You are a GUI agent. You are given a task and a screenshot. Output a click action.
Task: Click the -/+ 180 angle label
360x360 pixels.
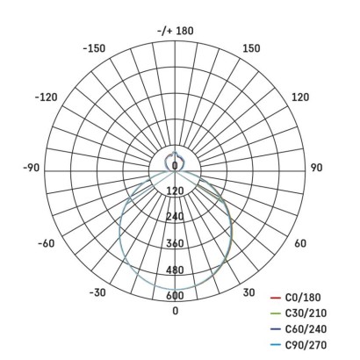click(x=175, y=31)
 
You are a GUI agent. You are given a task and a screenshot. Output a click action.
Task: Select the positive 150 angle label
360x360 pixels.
click(x=250, y=48)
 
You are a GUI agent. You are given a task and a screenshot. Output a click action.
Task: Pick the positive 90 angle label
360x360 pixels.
click(x=318, y=167)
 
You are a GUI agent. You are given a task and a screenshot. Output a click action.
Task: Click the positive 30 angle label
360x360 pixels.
click(x=248, y=292)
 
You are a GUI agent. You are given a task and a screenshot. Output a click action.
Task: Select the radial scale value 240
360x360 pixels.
click(x=175, y=217)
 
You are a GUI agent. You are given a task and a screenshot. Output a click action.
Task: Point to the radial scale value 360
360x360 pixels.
click(x=175, y=243)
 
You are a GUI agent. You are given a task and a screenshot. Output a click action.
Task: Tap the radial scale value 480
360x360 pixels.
click(x=175, y=270)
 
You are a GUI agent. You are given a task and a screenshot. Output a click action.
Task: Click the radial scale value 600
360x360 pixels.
click(x=175, y=296)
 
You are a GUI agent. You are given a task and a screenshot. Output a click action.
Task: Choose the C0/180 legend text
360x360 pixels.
click(x=304, y=298)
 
